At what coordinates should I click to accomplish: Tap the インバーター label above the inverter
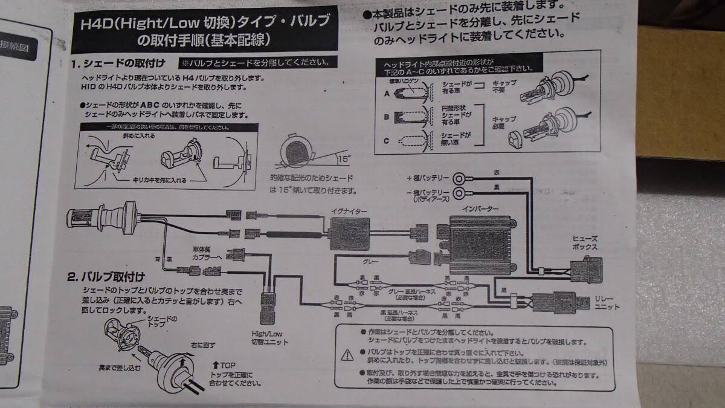click(480, 209)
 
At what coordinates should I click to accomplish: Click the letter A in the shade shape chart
click(387, 94)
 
